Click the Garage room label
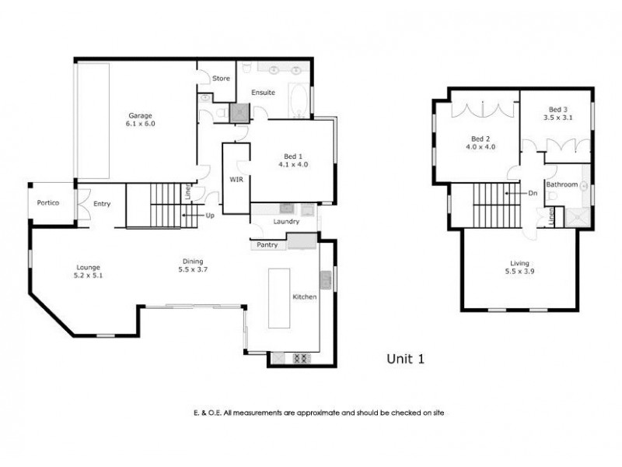140,115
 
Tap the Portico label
50,204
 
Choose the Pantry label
269,245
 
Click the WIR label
236,178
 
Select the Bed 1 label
294,156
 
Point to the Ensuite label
261,93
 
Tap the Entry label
102,204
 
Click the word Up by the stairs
210,215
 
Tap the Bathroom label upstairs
561,184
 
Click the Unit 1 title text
405,359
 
